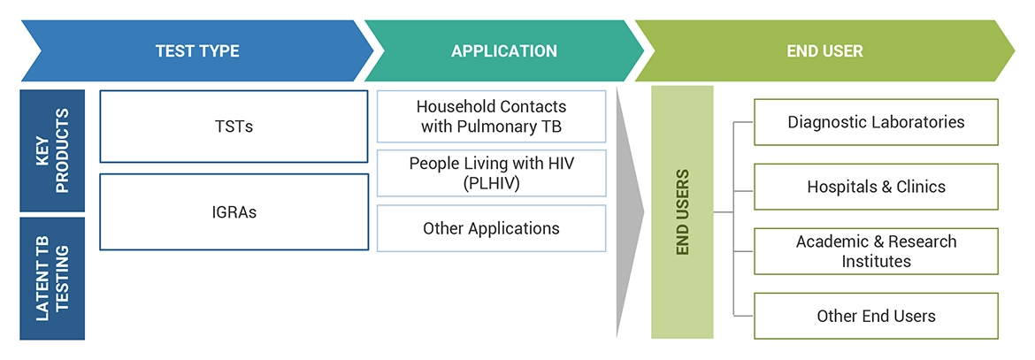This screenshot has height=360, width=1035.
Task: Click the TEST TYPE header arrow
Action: (x=196, y=51)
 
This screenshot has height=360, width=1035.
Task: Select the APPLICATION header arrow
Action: (x=504, y=51)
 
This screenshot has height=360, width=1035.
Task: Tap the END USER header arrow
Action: (x=824, y=51)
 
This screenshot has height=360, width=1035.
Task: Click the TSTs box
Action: (x=234, y=126)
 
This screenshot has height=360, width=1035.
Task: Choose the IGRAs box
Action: (x=234, y=211)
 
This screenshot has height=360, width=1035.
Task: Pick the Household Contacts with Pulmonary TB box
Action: (x=491, y=116)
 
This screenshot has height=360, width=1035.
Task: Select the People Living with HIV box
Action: (x=491, y=173)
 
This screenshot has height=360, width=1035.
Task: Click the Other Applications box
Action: (x=491, y=228)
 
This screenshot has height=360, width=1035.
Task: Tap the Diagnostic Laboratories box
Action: (x=876, y=122)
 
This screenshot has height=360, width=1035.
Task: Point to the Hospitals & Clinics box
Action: (x=876, y=187)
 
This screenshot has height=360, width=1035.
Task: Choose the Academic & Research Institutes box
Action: (x=876, y=251)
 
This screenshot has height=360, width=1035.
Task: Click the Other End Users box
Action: (x=876, y=316)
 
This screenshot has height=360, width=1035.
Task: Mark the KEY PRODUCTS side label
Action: (x=52, y=150)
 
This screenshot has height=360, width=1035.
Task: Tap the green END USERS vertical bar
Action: (x=682, y=212)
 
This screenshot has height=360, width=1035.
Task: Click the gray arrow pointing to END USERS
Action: (x=629, y=212)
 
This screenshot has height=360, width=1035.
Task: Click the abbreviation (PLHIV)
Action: (x=491, y=183)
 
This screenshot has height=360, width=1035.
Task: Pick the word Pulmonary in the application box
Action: (x=495, y=126)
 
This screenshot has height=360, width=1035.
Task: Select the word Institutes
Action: (x=876, y=261)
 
